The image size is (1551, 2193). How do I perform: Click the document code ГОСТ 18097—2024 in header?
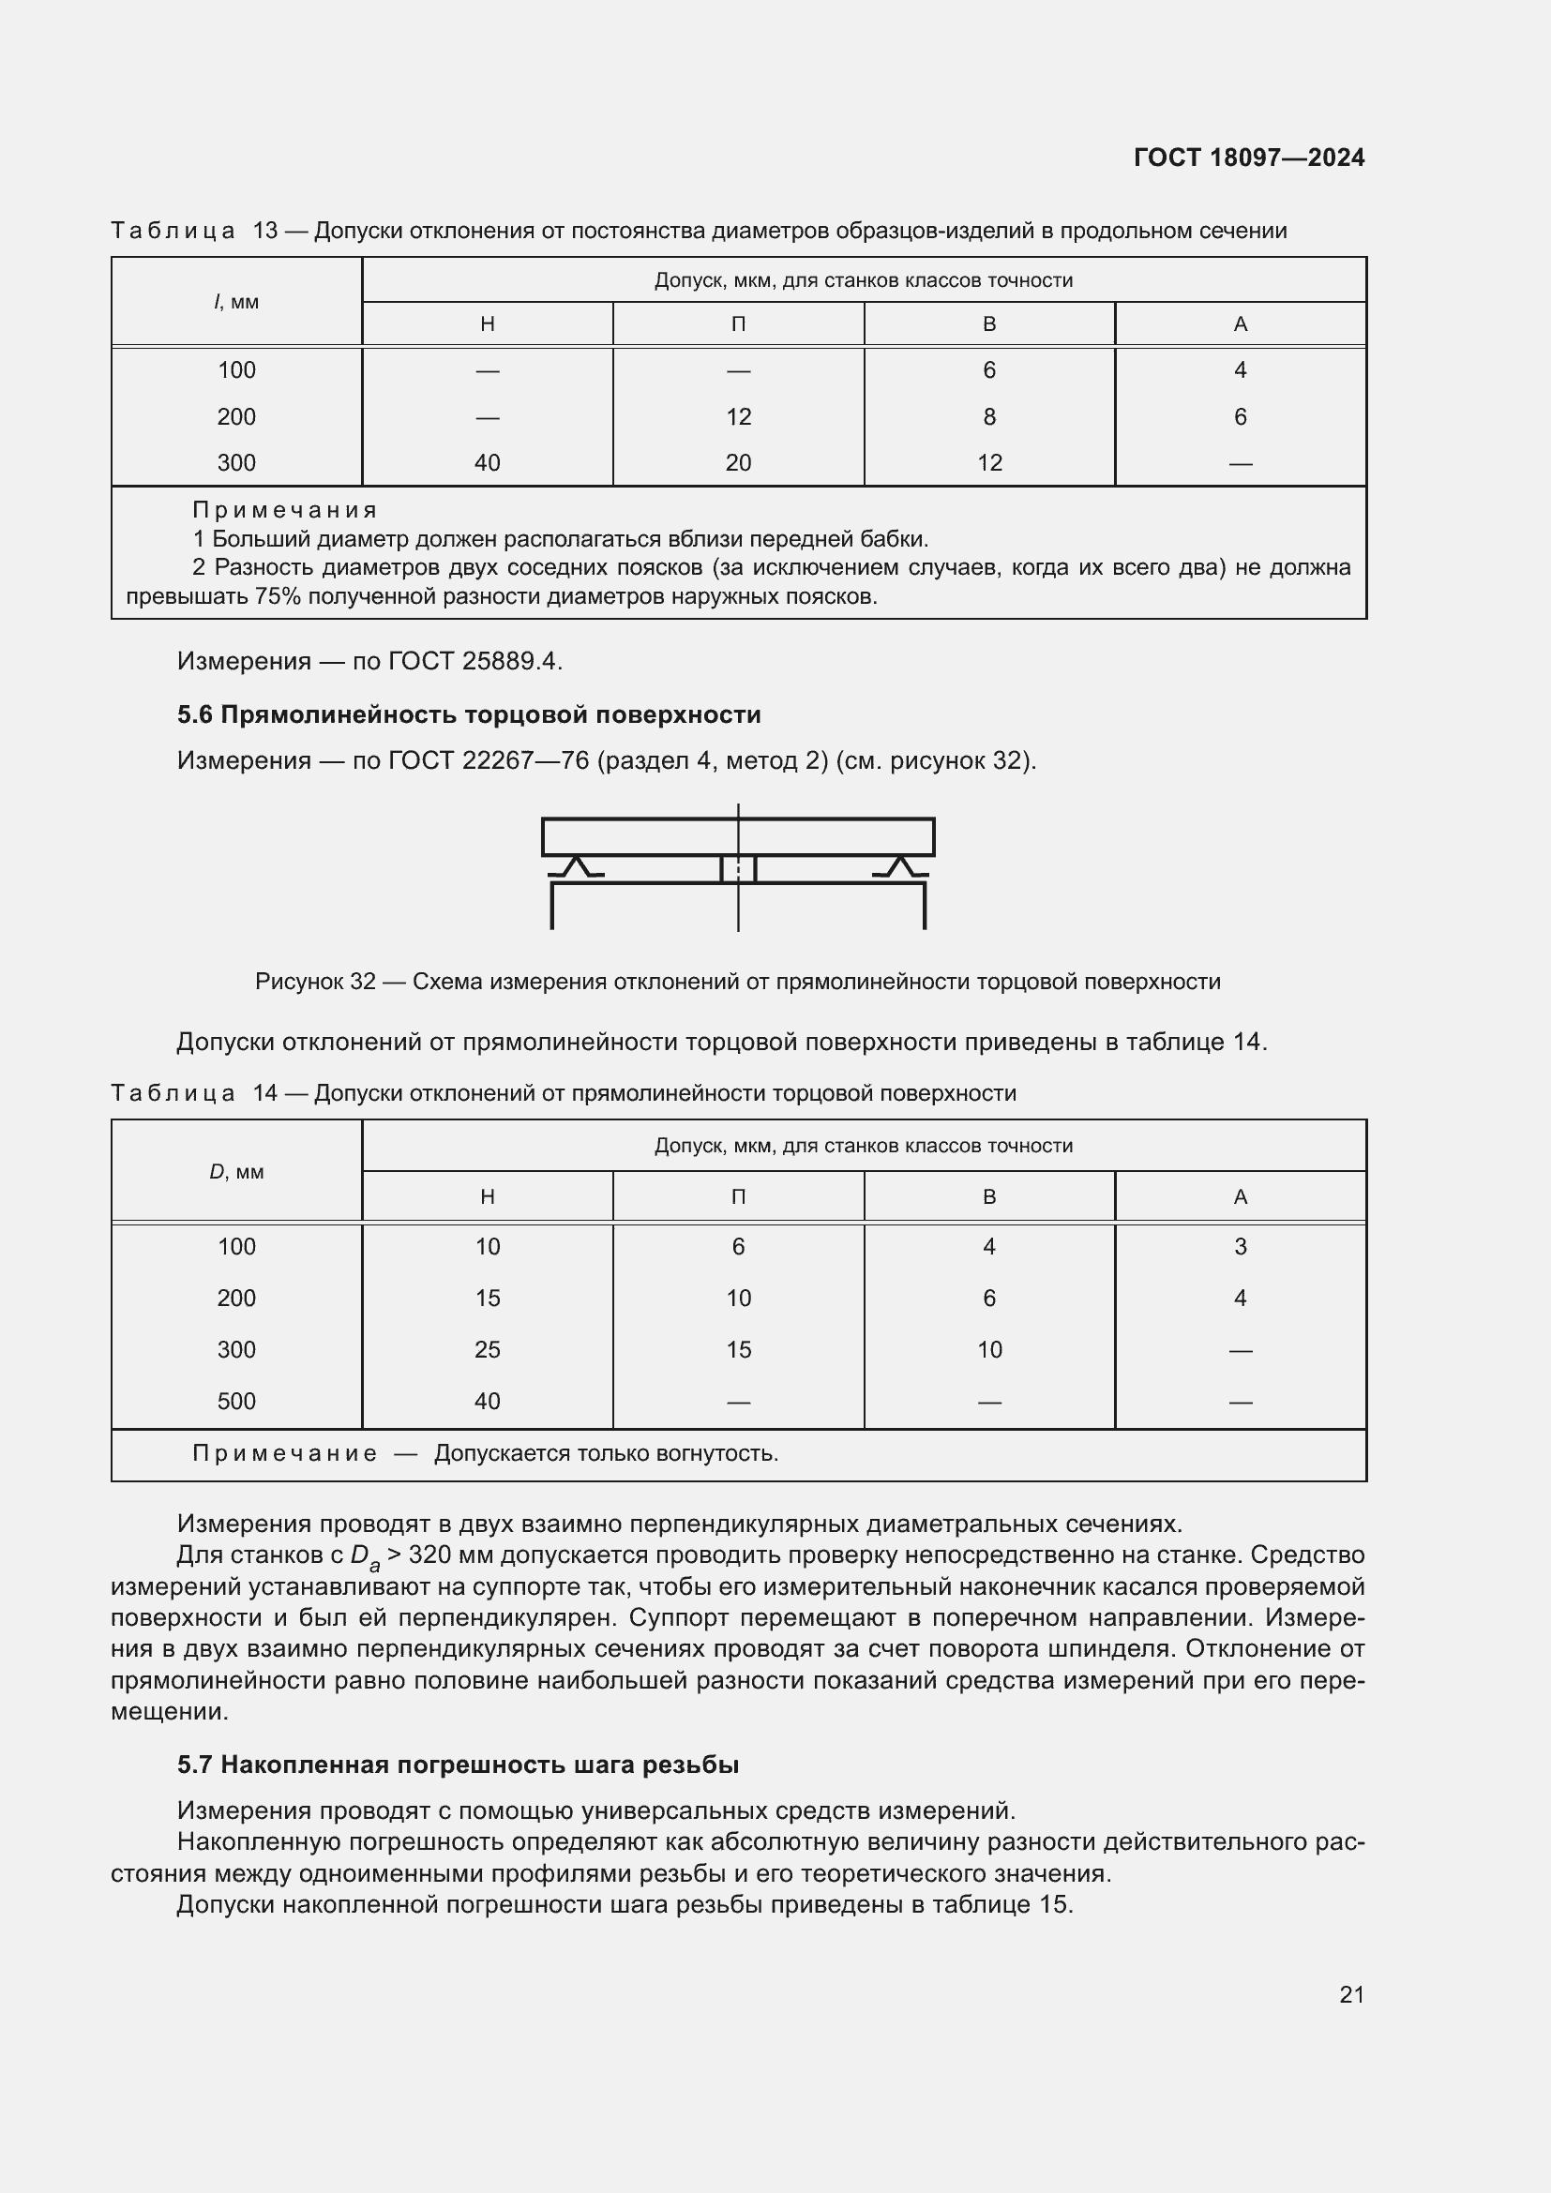(1248, 158)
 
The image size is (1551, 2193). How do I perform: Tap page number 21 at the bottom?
(1351, 1994)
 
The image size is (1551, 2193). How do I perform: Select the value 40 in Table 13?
(487, 463)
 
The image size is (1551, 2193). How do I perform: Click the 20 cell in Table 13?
(737, 463)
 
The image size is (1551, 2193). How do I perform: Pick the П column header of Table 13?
(737, 323)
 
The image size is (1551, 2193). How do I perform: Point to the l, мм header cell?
(236, 302)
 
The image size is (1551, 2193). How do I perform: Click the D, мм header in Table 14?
(236, 1171)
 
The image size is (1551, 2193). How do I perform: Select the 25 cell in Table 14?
(487, 1349)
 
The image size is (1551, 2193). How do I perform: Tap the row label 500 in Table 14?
(236, 1401)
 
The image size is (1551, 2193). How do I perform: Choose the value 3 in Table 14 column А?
(1240, 1246)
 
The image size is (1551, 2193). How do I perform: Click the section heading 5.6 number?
(195, 715)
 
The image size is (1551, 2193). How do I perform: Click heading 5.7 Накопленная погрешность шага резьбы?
(459, 1765)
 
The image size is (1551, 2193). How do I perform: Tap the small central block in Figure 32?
(737, 869)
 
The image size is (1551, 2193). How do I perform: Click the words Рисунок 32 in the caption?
(315, 982)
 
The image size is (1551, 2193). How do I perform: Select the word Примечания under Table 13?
(285, 510)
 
